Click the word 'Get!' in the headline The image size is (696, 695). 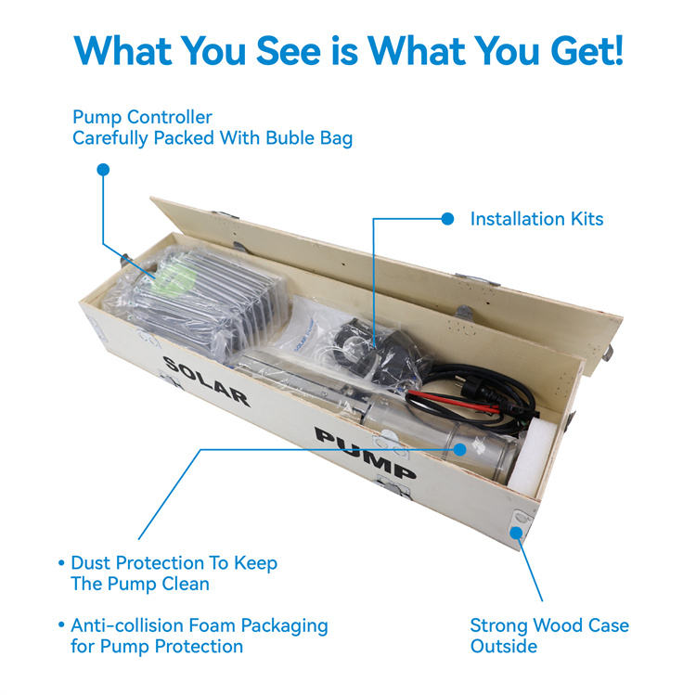point(587,51)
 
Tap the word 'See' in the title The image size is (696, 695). point(288,51)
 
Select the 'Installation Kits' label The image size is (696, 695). point(536,219)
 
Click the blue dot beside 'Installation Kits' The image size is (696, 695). point(447,218)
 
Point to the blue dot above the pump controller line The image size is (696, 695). point(103,170)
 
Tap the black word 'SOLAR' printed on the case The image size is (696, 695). point(207,381)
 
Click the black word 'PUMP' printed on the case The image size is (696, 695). point(366,453)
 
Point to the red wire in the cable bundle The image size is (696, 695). point(454,401)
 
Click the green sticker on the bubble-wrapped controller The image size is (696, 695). point(174,277)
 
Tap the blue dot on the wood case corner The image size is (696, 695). point(516,532)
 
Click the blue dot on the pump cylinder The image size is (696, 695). point(460,450)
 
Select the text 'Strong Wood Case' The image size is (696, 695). point(549,625)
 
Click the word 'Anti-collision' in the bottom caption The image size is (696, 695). point(127,625)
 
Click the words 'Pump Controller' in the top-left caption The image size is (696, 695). point(143,117)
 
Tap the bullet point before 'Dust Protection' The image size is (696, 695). point(61,563)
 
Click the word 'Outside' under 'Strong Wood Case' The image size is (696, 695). point(504,646)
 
